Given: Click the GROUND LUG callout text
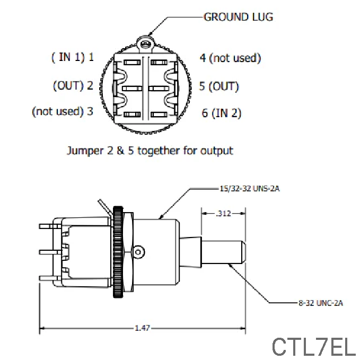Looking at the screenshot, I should [238, 17].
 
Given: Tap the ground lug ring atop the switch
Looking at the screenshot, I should [144, 41].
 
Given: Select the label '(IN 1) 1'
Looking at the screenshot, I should [73, 57].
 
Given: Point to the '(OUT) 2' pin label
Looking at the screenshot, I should [73, 85].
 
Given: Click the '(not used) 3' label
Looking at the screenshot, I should [63, 111].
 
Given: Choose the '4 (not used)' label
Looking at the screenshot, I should [230, 57].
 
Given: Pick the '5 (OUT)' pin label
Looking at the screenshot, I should [218, 85].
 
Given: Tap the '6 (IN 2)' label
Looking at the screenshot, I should [221, 113].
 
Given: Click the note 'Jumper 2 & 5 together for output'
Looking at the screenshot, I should [150, 151].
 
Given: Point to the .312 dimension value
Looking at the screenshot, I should [223, 214].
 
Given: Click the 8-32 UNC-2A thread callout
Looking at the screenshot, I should [320, 303].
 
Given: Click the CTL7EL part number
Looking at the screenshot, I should [313, 347].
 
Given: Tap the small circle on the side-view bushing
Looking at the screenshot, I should [139, 250].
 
